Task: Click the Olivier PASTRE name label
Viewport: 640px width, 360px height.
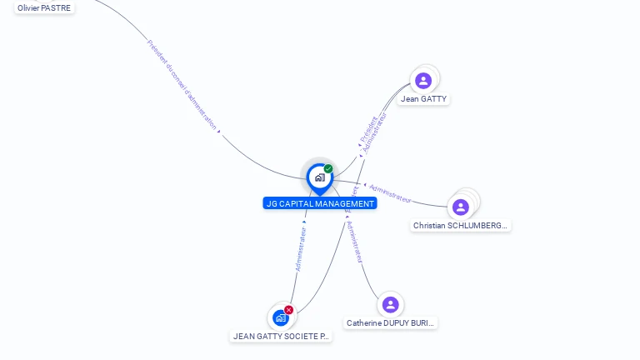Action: [x=44, y=7]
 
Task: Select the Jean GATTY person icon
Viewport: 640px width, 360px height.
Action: [x=423, y=81]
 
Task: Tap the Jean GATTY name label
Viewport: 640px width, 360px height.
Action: [x=423, y=99]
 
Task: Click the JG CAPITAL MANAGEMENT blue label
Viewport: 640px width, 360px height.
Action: [x=320, y=203]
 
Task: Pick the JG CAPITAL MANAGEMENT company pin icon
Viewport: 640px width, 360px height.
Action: [x=319, y=177]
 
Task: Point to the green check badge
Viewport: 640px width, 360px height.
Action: [x=328, y=168]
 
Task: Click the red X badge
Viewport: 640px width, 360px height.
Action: [x=288, y=310]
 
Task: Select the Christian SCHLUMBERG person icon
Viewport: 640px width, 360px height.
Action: [x=461, y=207]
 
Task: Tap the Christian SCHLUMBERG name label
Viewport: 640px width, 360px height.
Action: [x=461, y=226]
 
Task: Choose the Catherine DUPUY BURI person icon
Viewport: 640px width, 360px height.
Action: [x=390, y=305]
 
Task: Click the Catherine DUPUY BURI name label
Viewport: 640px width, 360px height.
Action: [x=390, y=323]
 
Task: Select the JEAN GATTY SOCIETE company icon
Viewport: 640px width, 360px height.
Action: [x=281, y=318]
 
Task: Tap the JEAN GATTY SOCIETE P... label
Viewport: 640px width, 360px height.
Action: [x=281, y=337]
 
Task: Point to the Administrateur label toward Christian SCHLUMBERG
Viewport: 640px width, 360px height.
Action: [x=390, y=193]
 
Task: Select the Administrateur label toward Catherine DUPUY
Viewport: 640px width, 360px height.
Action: [x=354, y=242]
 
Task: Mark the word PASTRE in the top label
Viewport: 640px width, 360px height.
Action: [x=57, y=7]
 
